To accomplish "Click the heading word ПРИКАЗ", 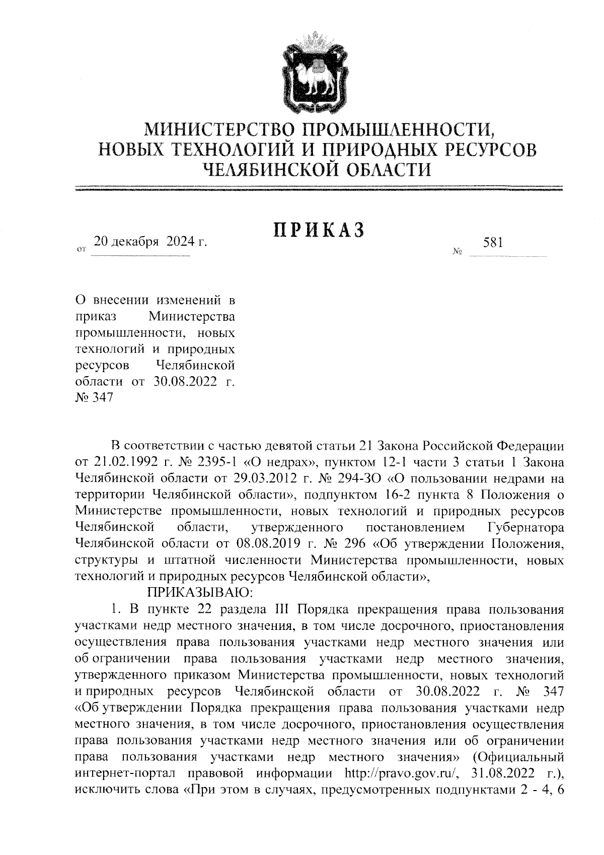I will point(318,230).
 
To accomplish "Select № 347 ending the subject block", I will point(94,397).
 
